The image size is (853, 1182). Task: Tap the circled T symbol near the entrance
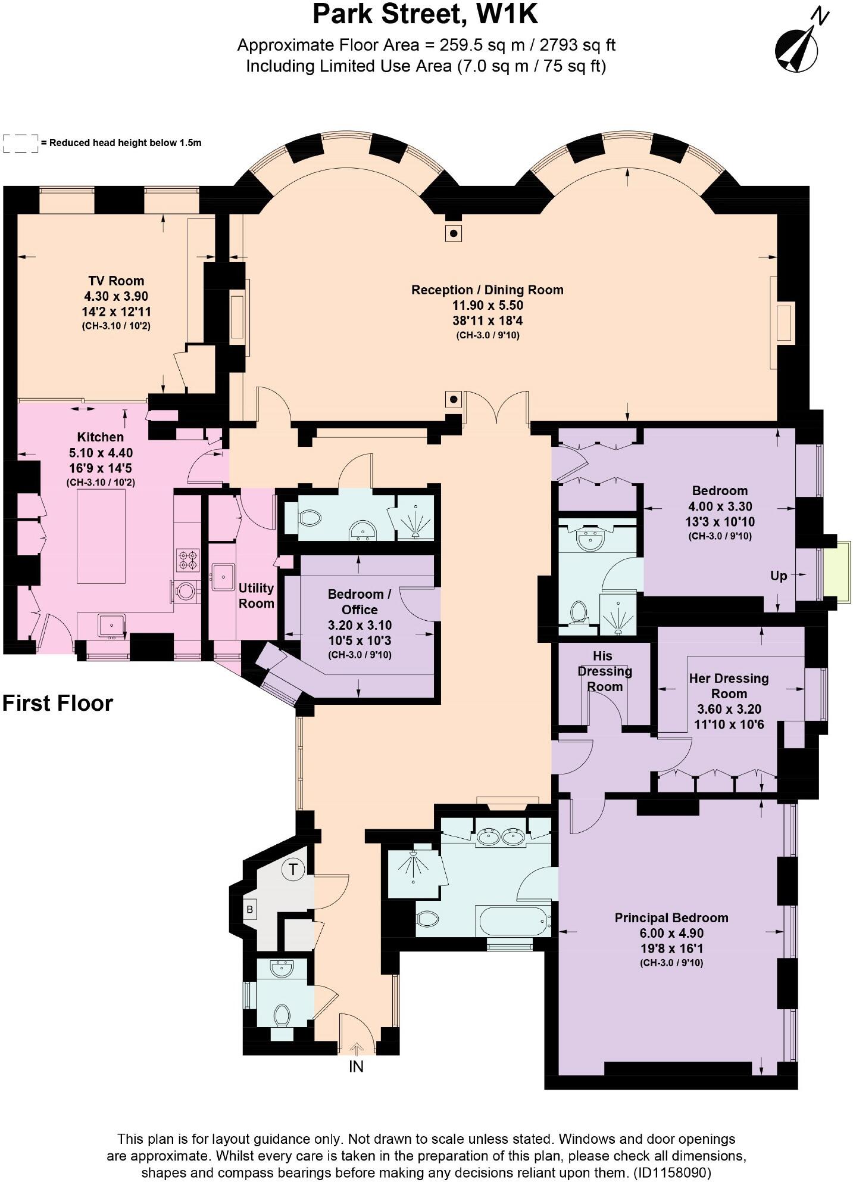tap(292, 869)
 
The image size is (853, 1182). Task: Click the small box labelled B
tap(250, 910)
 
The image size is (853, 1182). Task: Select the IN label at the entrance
tap(356, 1066)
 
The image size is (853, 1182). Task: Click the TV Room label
tap(116, 281)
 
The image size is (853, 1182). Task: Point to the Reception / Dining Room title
tap(487, 290)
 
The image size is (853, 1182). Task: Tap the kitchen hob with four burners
tap(188, 560)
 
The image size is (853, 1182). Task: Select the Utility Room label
tap(256, 595)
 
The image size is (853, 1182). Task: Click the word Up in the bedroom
tap(779, 576)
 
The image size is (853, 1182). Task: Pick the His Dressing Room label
tap(604, 671)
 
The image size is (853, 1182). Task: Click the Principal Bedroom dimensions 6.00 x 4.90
tap(671, 933)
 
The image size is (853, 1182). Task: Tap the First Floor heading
tap(58, 703)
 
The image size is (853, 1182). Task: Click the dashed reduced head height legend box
tap(21, 143)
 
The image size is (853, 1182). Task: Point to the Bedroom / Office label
tap(359, 602)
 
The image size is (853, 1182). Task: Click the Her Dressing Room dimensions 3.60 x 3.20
tap(729, 709)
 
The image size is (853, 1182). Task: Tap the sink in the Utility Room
tap(223, 576)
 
